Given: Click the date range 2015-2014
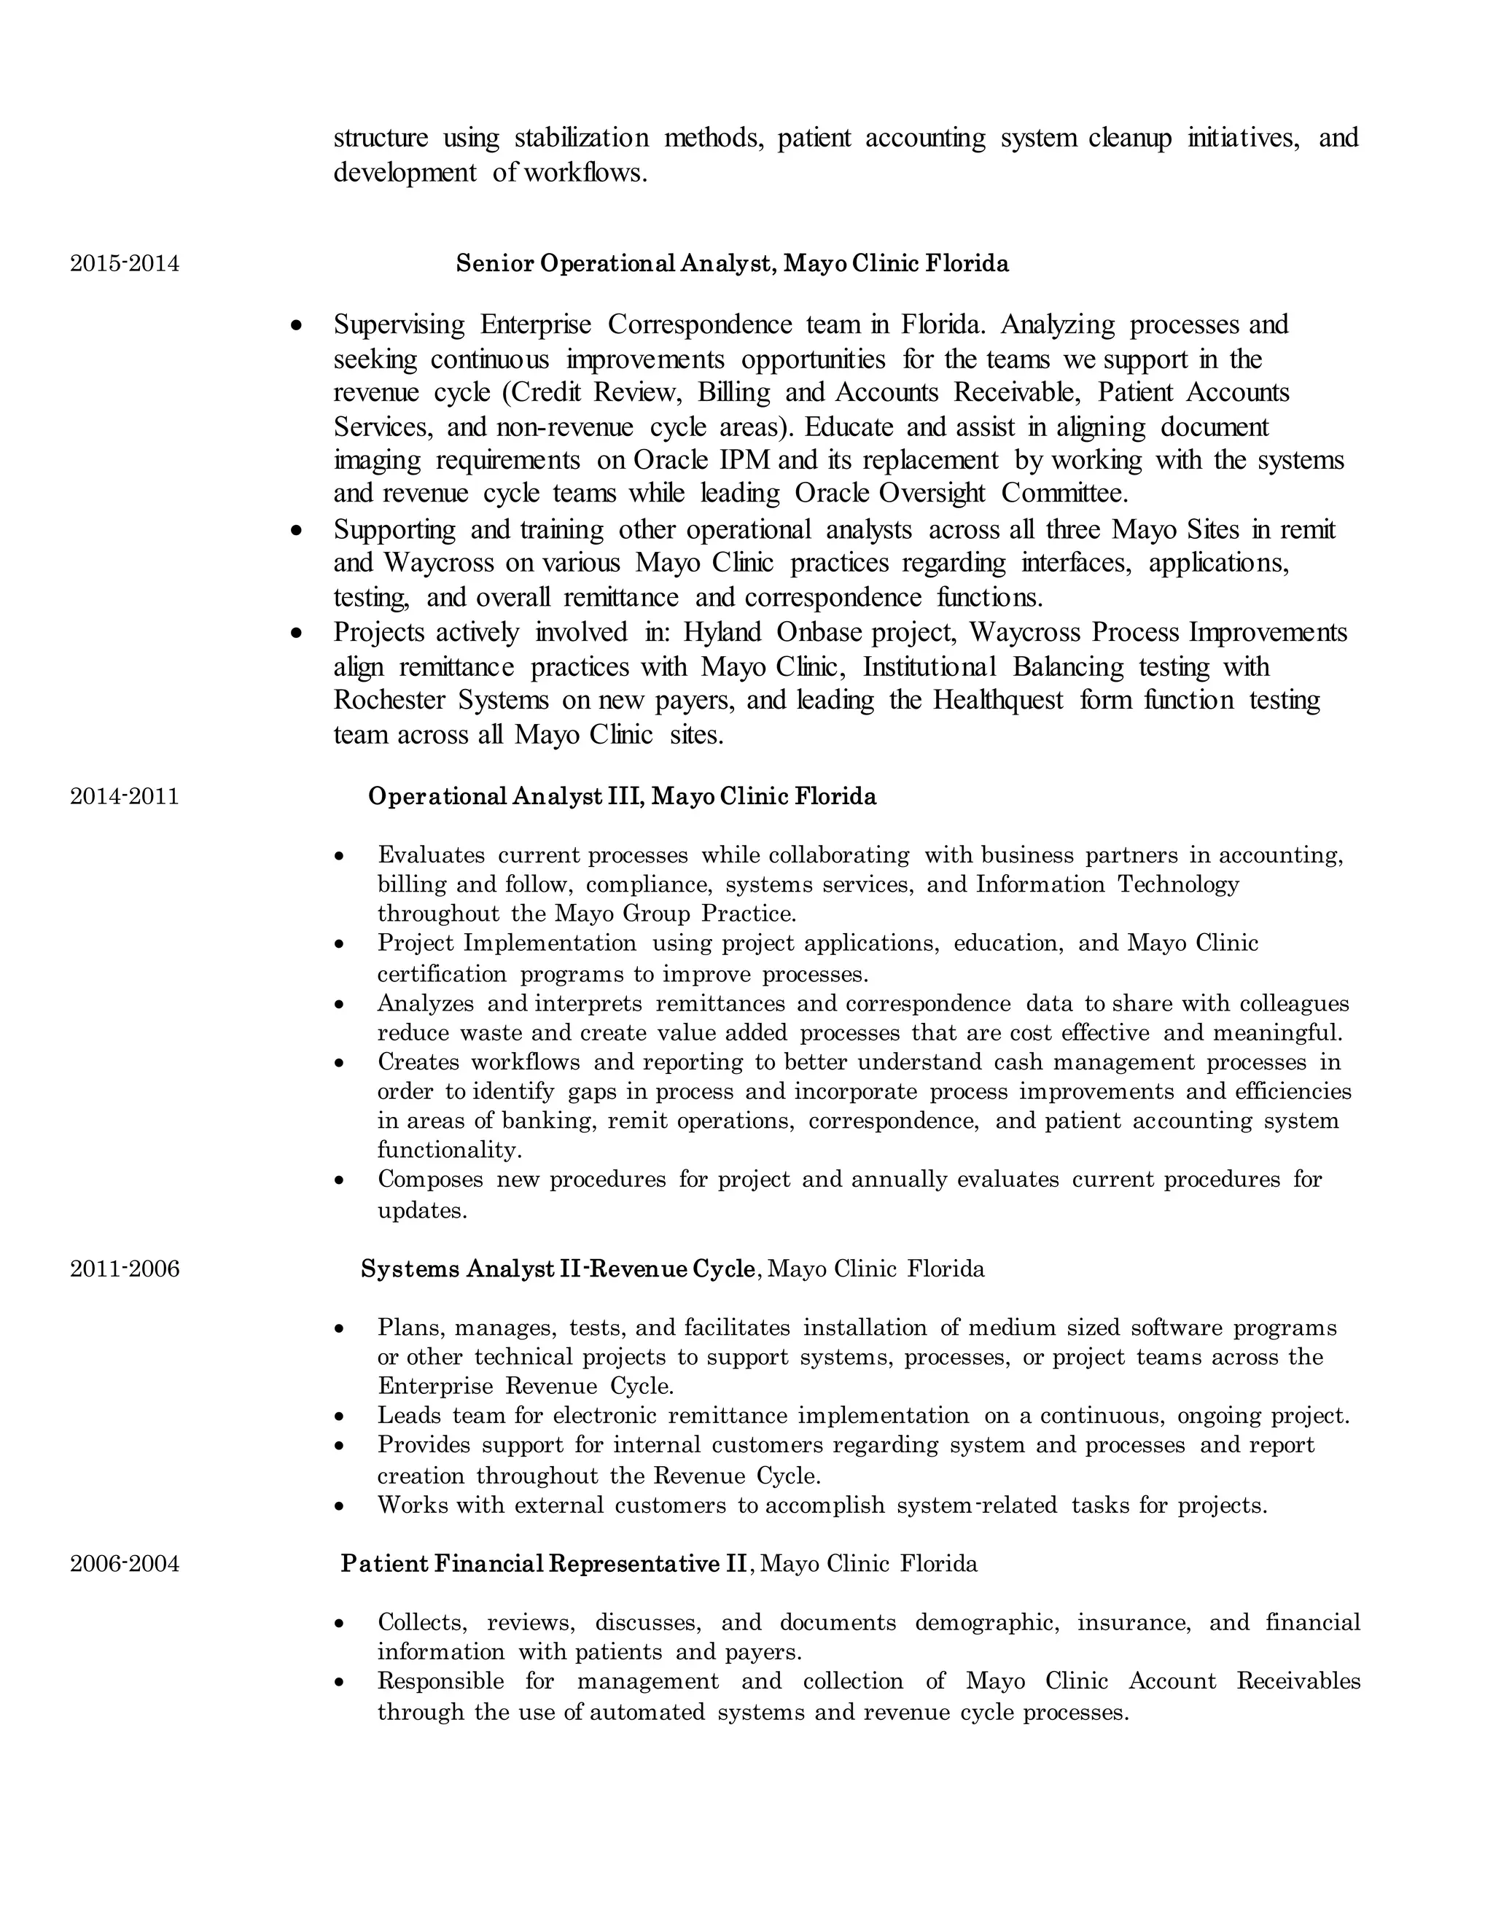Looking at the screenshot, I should pyautogui.click(x=125, y=264).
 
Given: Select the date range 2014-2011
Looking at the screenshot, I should pyautogui.click(x=125, y=796).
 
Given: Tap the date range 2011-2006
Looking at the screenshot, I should pyautogui.click(x=125, y=1269).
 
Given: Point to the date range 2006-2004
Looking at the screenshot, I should pyautogui.click(x=125, y=1564).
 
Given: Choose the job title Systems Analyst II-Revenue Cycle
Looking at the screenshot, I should pyautogui.click(x=558, y=1269).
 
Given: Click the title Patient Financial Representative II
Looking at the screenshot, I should pyautogui.click(x=544, y=1564).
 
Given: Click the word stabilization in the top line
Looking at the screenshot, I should pyautogui.click(x=581, y=138).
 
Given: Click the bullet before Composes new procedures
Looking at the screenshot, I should pyautogui.click(x=340, y=1181).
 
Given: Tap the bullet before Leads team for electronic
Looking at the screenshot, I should pyautogui.click(x=340, y=1417).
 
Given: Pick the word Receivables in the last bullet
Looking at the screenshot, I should pyautogui.click(x=1298, y=1682).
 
